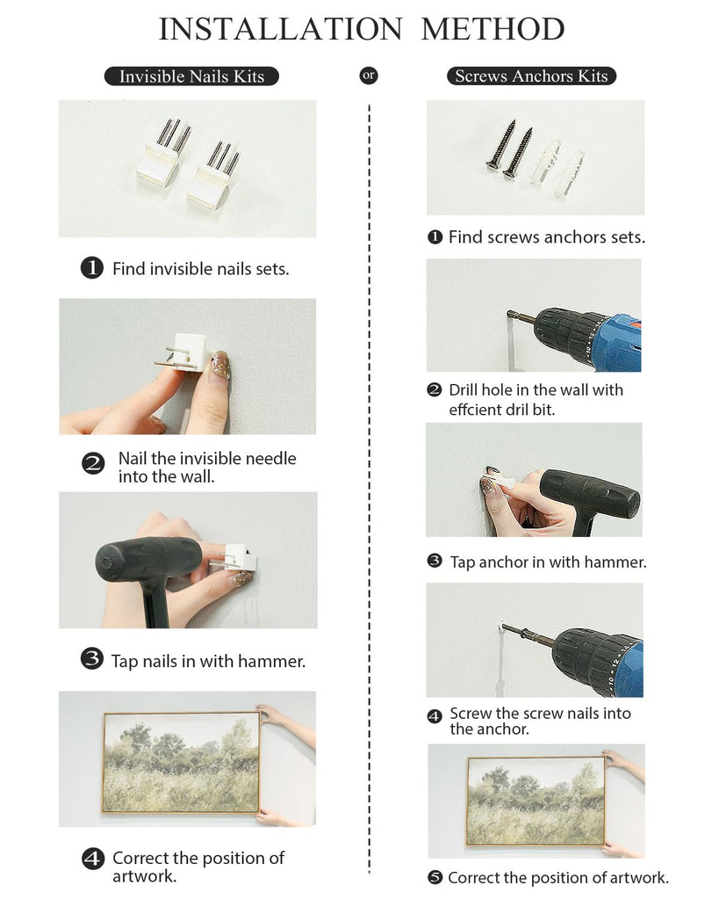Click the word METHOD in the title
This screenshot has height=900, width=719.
pyautogui.click(x=493, y=29)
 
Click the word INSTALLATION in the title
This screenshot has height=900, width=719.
pyautogui.click(x=280, y=29)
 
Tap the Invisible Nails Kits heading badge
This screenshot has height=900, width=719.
pyautogui.click(x=191, y=76)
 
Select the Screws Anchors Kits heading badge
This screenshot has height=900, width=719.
pyautogui.click(x=531, y=76)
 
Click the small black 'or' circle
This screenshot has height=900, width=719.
pyautogui.click(x=369, y=76)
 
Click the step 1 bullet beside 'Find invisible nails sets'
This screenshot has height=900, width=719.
pyautogui.click(x=91, y=268)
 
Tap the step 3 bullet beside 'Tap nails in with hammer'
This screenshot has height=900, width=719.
pyautogui.click(x=91, y=659)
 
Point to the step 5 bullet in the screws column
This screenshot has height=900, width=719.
pyautogui.click(x=435, y=877)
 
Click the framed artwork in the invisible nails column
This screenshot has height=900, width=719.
pyautogui.click(x=181, y=763)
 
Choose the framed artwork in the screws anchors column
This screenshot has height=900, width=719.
pyautogui.click(x=537, y=802)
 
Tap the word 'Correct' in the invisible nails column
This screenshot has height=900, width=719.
pyautogui.click(x=140, y=858)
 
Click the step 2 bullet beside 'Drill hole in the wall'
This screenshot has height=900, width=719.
pyautogui.click(x=435, y=389)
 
